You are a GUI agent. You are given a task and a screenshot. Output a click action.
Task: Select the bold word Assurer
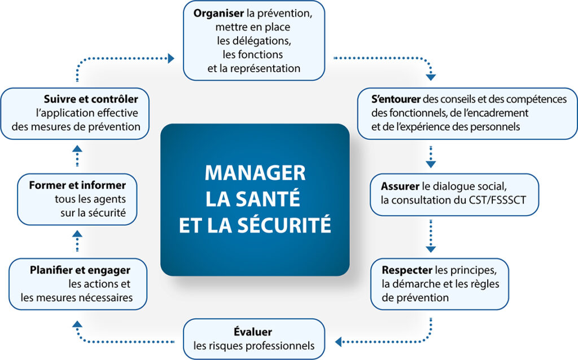pos(400,186)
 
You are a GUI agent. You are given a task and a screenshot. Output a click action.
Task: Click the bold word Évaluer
pos(253,332)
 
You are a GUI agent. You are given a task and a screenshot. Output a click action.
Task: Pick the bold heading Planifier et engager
pos(80,270)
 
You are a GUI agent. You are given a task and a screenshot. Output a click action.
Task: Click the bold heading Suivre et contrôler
pos(91,99)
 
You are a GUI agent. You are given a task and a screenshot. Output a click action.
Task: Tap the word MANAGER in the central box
pos(255,172)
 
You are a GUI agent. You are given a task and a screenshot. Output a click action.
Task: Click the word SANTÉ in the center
pos(272,199)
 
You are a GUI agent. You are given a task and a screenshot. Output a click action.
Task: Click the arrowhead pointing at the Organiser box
pos(170,58)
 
